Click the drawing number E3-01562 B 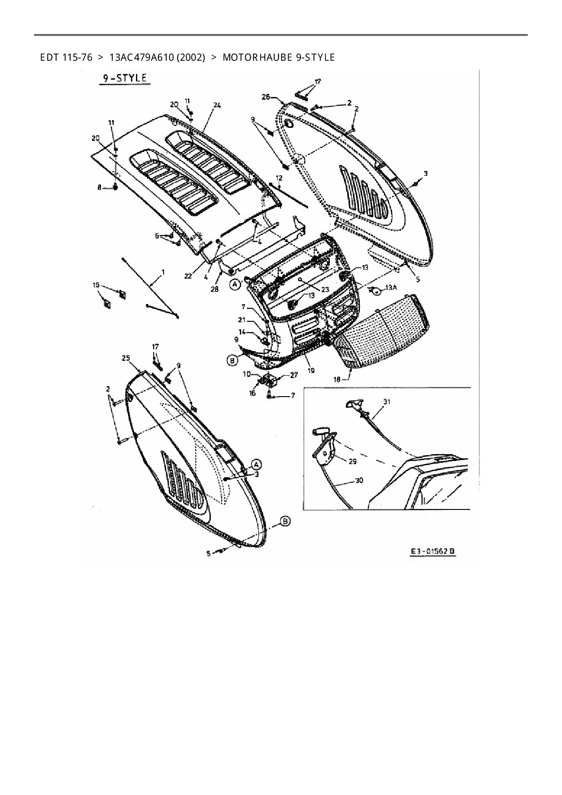click(432, 552)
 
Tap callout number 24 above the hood click(217, 106)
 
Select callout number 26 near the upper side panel click(266, 97)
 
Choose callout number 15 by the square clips click(96, 285)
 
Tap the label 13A click(391, 288)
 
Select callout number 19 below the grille click(311, 370)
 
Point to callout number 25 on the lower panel click(126, 358)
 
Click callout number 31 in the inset click(387, 402)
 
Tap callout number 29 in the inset click(352, 461)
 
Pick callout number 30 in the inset click(359, 481)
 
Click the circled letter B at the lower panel click(285, 522)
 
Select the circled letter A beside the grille click(235, 285)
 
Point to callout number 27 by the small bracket click(293, 375)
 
